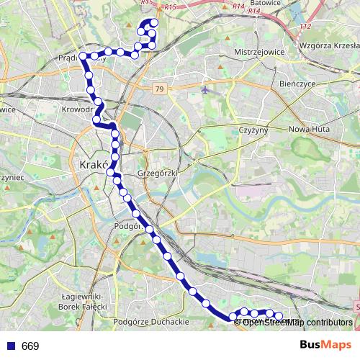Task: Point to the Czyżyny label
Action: pos(252,130)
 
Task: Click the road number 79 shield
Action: pos(159,89)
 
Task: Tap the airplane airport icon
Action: pos(207,90)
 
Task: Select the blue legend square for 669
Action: pos(11,346)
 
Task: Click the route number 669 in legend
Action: pos(30,346)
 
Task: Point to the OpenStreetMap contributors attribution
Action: pos(297,322)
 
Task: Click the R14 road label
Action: pos(238,6)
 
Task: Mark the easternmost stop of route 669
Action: pos(279,316)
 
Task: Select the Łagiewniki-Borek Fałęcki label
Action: pos(84,302)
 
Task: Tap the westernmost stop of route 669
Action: pos(84,55)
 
